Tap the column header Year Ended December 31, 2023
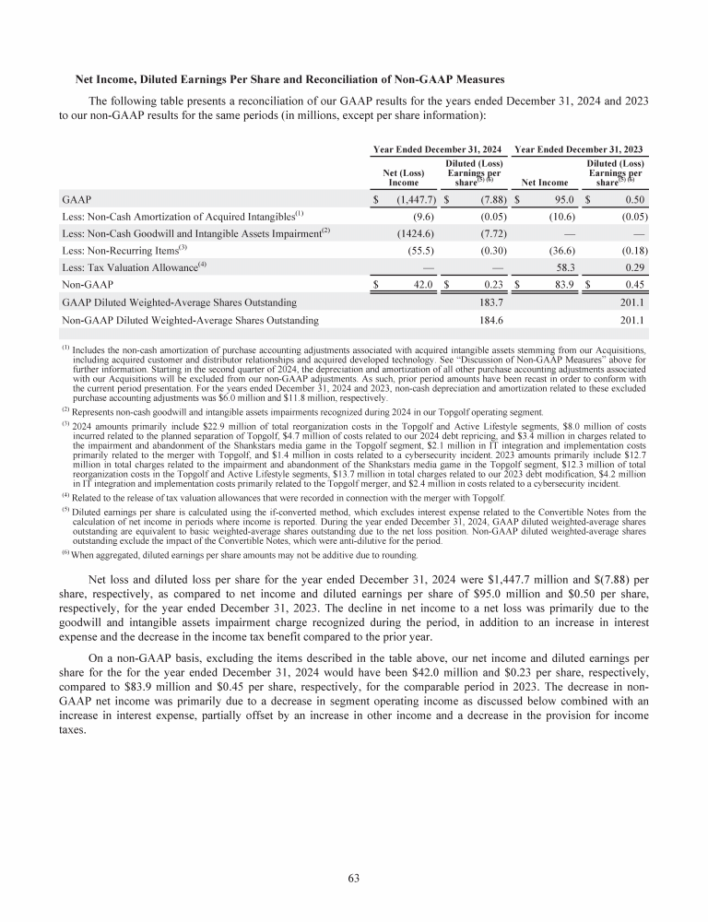(x=578, y=149)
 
